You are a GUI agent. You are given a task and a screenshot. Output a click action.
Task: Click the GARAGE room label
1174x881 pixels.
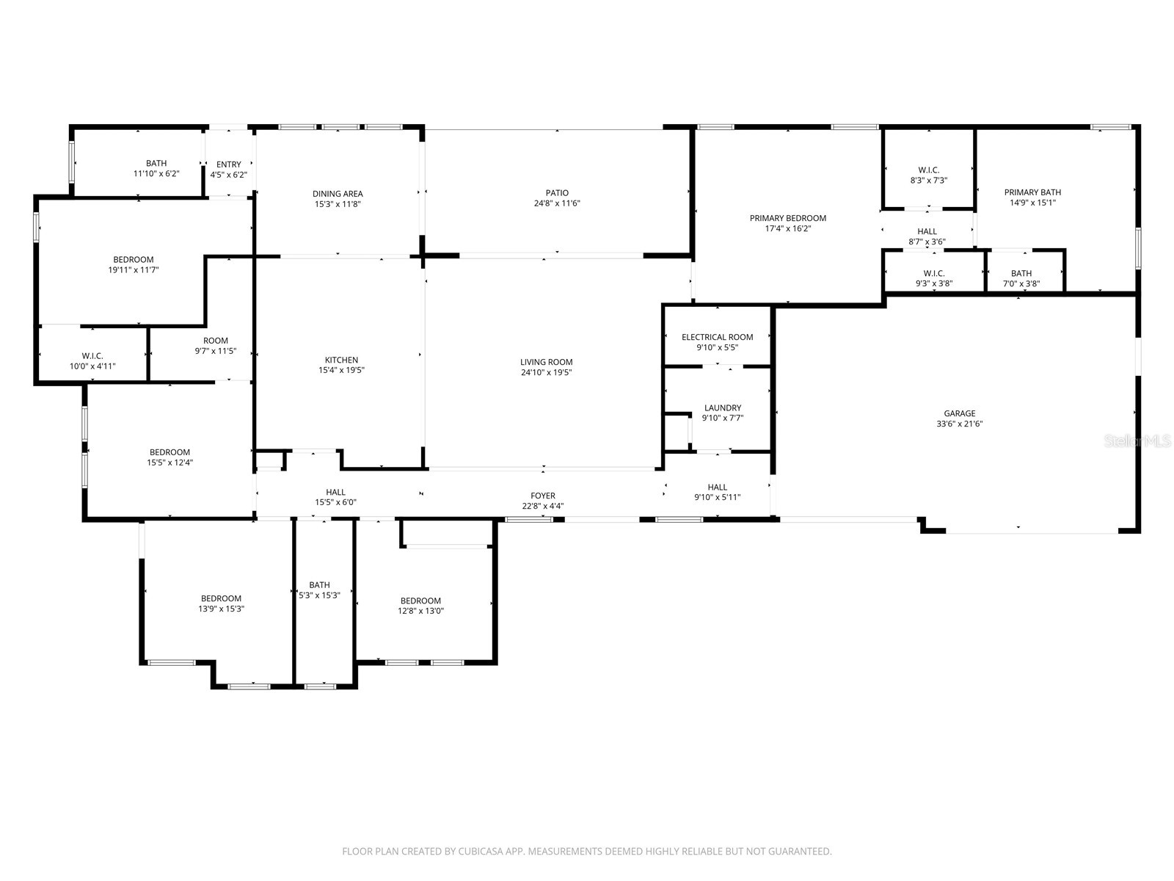tap(959, 413)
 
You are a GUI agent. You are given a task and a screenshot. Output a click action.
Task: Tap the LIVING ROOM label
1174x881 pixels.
tap(546, 362)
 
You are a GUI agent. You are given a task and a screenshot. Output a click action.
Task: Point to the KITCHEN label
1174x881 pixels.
tap(341, 360)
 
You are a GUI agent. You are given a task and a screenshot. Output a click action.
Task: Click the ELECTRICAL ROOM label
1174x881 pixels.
tap(717, 337)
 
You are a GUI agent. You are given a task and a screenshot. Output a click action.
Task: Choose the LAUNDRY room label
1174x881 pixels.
tap(722, 407)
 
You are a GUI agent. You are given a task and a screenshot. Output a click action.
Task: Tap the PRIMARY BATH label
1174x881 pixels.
tap(1032, 192)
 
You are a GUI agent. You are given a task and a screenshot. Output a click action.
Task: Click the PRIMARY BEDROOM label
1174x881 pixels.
tap(787, 218)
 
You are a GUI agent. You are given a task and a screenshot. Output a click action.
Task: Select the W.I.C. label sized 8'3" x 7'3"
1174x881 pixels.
tap(928, 170)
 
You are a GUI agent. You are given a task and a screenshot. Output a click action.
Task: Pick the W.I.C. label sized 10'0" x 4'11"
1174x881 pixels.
tap(92, 355)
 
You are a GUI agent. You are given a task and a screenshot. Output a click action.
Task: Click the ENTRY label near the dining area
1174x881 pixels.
tap(228, 164)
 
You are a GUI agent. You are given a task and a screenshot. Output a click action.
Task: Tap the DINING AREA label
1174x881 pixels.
tap(338, 194)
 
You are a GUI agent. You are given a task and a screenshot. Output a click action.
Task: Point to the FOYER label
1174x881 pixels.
tap(543, 496)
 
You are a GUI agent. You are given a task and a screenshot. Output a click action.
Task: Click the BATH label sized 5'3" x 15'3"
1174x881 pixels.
tap(319, 585)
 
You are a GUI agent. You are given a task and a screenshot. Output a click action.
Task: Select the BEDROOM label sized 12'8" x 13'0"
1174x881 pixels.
tap(420, 601)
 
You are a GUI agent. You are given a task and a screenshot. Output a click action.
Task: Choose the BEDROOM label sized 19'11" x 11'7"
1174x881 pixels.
tap(134, 259)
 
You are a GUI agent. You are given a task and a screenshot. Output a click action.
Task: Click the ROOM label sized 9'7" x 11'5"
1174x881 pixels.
tap(215, 341)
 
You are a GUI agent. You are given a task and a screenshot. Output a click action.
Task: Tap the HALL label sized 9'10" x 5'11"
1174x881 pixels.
tap(717, 487)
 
